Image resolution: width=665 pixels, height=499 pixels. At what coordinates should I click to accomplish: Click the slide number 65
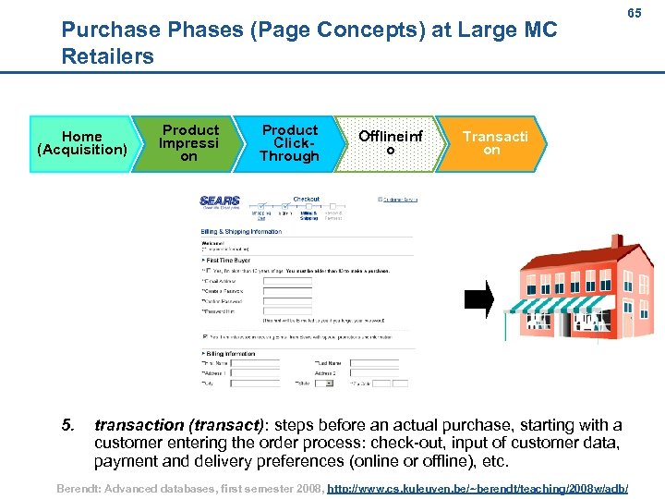click(635, 15)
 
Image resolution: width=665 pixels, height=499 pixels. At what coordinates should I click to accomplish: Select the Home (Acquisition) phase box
click(81, 142)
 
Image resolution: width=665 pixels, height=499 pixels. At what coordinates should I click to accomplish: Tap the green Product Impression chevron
click(187, 142)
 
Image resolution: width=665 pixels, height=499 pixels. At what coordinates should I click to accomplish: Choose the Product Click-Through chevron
click(289, 142)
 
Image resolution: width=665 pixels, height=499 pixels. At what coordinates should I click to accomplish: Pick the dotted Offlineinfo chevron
click(390, 142)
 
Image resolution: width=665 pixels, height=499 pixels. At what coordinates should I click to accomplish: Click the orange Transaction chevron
click(494, 142)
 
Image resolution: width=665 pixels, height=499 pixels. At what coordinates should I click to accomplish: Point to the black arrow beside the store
click(479, 298)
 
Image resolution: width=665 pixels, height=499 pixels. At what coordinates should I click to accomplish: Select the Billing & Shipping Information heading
click(243, 232)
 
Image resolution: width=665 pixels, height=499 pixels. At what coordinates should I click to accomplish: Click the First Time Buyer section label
click(227, 261)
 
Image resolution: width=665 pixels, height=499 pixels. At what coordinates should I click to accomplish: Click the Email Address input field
click(286, 281)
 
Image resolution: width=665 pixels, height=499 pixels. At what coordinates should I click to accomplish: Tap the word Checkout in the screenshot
click(307, 199)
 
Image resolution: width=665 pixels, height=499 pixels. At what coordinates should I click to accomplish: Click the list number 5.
click(66, 425)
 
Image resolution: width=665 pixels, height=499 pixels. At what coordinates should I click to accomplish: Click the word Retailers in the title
click(107, 56)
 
